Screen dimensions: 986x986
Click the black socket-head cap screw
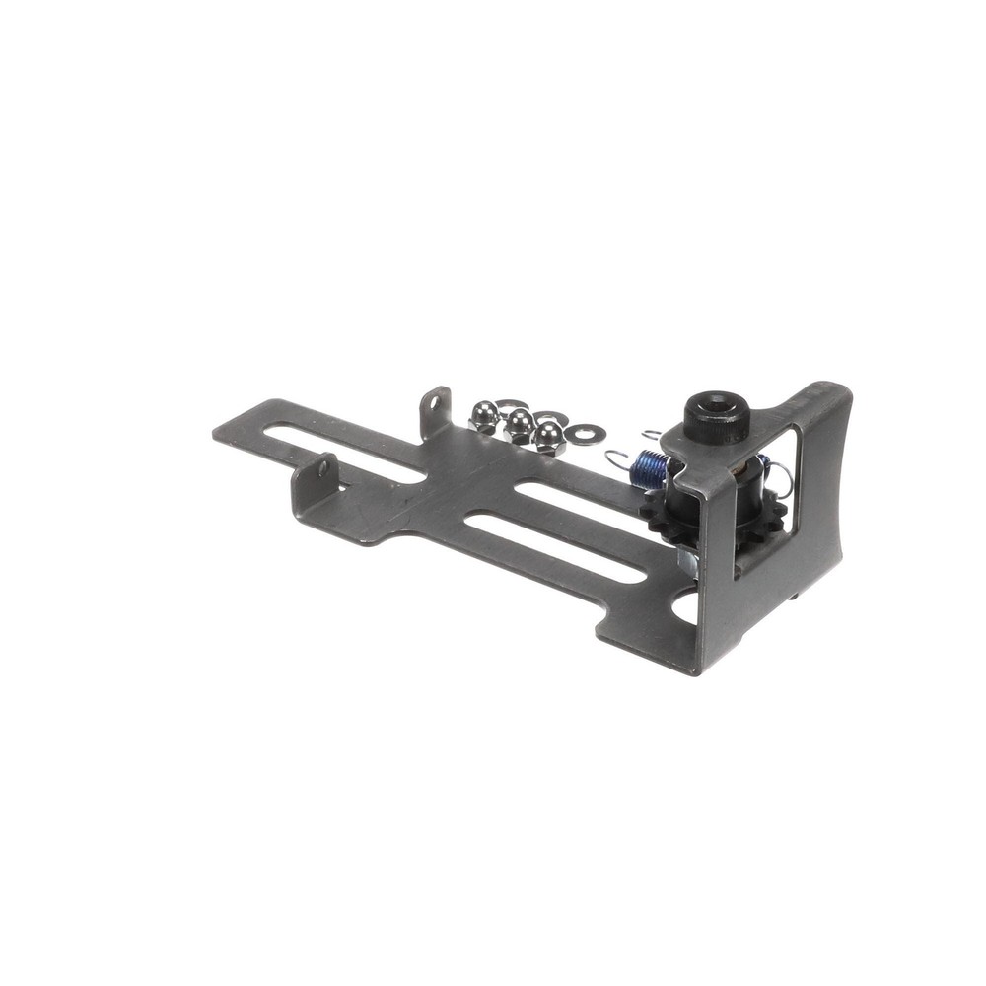point(717,418)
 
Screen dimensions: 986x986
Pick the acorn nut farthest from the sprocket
point(484,416)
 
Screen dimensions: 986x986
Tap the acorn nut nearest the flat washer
point(549,435)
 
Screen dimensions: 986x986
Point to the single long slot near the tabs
point(345,453)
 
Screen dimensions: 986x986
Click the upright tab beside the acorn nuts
point(435,411)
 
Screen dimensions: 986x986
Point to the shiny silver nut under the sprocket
point(687,563)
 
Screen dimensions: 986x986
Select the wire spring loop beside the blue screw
point(615,458)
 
